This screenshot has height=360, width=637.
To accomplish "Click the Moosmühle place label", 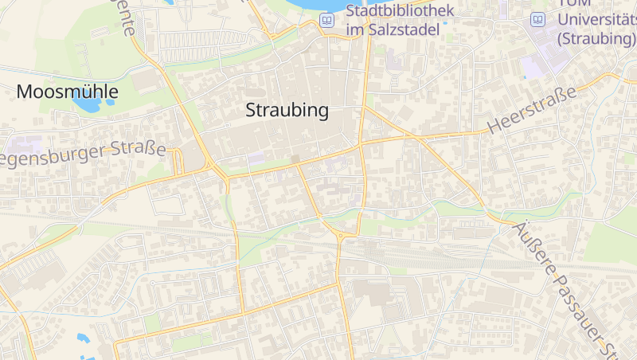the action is [x=67, y=92].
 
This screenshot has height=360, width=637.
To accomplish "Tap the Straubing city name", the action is [x=287, y=111].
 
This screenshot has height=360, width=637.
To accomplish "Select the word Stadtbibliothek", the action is [x=400, y=11].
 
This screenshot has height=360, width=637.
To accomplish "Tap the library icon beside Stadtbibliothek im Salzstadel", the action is [x=326, y=20].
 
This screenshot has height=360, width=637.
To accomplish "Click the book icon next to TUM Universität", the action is [x=538, y=20].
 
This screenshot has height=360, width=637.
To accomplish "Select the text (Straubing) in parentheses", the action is [x=596, y=38].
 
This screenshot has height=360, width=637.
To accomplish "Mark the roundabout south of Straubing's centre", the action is [x=341, y=235].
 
